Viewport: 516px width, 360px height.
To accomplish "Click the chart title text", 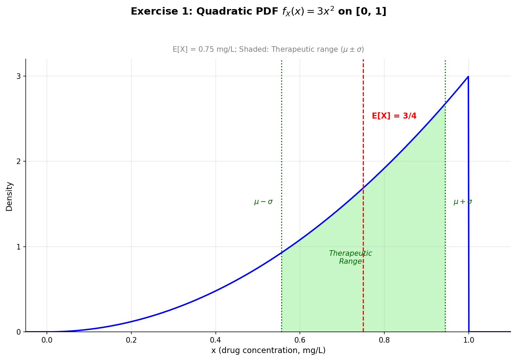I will [258, 11].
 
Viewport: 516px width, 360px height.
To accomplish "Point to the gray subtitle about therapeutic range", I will [268, 49].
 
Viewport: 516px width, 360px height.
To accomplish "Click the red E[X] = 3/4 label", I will [394, 116].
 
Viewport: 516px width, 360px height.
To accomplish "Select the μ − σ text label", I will [263, 202].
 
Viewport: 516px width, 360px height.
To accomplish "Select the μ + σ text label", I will [462, 202].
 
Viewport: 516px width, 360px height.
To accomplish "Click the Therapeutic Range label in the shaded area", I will [350, 257].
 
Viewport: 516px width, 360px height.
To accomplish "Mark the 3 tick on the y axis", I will [18, 76].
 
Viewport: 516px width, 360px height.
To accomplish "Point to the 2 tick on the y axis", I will [18, 162].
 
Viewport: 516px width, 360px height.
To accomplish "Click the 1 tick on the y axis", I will [18, 247].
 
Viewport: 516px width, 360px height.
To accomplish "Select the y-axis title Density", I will [9, 196].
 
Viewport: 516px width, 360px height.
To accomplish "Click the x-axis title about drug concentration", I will [268, 351].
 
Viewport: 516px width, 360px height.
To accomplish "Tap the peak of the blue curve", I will [468, 76].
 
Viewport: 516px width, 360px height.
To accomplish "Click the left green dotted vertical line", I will [281, 139].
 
